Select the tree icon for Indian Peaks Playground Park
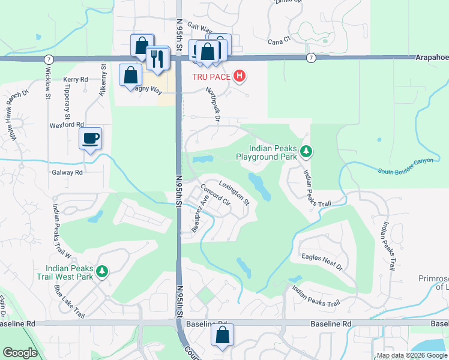coord(306,151)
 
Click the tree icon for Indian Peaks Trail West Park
coord(103,272)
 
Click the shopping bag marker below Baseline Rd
coord(222,337)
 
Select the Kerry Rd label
coord(76,79)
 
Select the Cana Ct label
coord(279,40)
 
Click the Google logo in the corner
coord(21,353)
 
